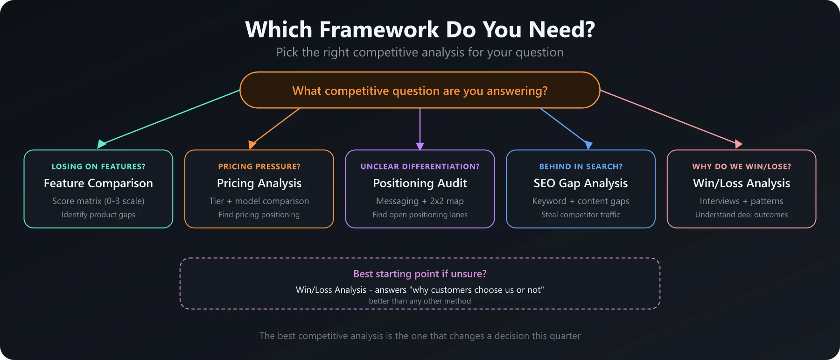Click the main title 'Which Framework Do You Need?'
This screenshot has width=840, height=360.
pos(420,29)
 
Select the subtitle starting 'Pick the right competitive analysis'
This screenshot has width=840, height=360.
pos(420,52)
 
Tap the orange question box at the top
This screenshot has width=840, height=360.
pos(420,91)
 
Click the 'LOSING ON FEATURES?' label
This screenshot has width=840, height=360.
pos(98,167)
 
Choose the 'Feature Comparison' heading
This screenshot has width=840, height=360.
pos(98,184)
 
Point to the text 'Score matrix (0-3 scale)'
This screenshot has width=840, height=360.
pos(98,201)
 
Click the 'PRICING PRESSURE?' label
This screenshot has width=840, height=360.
pos(259,167)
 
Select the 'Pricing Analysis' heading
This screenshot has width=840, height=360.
pos(259,184)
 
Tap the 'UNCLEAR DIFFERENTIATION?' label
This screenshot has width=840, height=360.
pos(420,167)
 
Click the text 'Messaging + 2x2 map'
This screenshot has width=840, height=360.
pos(420,201)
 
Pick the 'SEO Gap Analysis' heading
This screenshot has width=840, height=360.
pos(581,184)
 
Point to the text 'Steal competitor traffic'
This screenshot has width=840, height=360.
pos(581,215)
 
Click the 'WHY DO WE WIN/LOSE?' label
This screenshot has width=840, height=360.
pos(742,167)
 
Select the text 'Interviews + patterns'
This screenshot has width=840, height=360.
pos(742,201)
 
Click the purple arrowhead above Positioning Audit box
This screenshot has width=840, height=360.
pos(420,146)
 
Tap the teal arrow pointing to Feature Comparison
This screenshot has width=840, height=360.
pos(170,117)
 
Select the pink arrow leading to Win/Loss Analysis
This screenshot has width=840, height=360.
pos(670,117)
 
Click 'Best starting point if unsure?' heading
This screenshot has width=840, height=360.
pos(420,274)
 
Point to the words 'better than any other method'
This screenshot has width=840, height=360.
pos(420,301)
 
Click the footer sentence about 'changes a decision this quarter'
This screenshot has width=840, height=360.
pos(420,336)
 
